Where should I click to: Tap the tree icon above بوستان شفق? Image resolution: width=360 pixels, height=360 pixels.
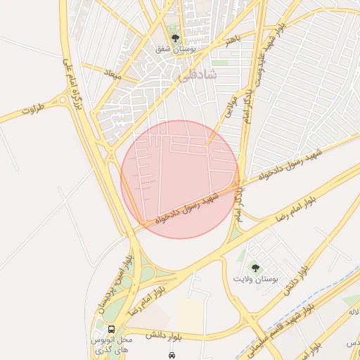click(175, 39)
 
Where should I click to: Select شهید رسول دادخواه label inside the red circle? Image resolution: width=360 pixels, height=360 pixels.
click(189, 208)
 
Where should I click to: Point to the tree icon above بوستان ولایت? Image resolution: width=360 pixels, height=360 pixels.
click(255, 267)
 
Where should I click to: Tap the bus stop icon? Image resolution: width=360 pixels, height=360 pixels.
click(112, 329)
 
